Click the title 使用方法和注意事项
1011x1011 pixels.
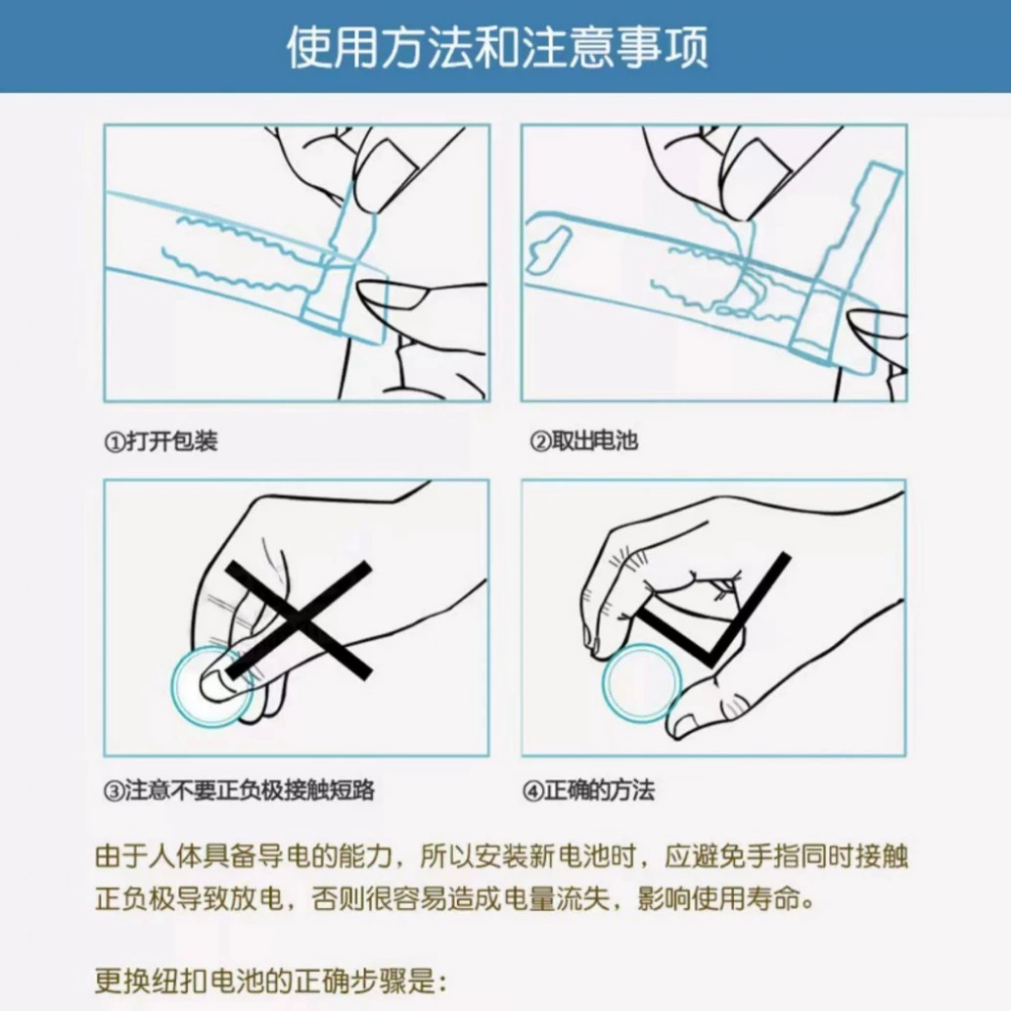coord(497,47)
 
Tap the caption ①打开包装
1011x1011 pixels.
coord(161,441)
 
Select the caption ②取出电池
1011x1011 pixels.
coord(583,441)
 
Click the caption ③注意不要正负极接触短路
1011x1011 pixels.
coord(239,791)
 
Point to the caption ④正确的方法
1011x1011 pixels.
coord(588,791)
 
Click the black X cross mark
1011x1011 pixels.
coord(299,619)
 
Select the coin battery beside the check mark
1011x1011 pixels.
coord(642,682)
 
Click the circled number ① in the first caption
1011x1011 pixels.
coord(115,442)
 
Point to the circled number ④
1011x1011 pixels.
coord(532,791)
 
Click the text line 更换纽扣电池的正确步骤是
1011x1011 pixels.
coord(271,982)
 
